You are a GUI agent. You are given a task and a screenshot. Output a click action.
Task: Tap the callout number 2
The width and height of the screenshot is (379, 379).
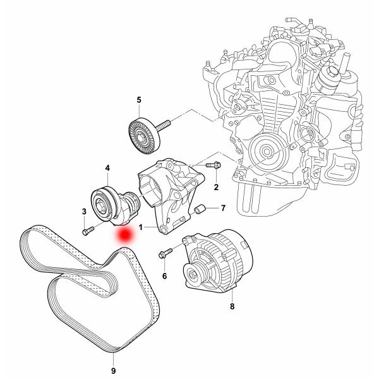coord(216,187)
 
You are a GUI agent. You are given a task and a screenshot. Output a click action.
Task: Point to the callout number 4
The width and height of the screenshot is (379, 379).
coord(107,169)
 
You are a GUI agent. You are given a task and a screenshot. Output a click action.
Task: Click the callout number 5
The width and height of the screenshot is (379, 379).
coord(139,99)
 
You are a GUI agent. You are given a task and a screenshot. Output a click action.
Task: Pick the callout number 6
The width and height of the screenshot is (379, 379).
coord(164,276)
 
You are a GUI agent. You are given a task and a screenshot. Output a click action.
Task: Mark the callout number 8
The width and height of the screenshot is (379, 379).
coord(232,307)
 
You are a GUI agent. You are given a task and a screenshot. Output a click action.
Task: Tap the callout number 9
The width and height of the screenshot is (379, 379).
coord(113,370)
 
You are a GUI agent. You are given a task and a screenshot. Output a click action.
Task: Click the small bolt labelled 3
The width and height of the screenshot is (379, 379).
coord(88,231)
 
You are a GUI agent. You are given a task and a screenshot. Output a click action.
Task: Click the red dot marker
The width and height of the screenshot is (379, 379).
coord(125,234)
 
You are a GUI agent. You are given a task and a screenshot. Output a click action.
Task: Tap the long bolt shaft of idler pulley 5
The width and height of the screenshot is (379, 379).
coord(165,124)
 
